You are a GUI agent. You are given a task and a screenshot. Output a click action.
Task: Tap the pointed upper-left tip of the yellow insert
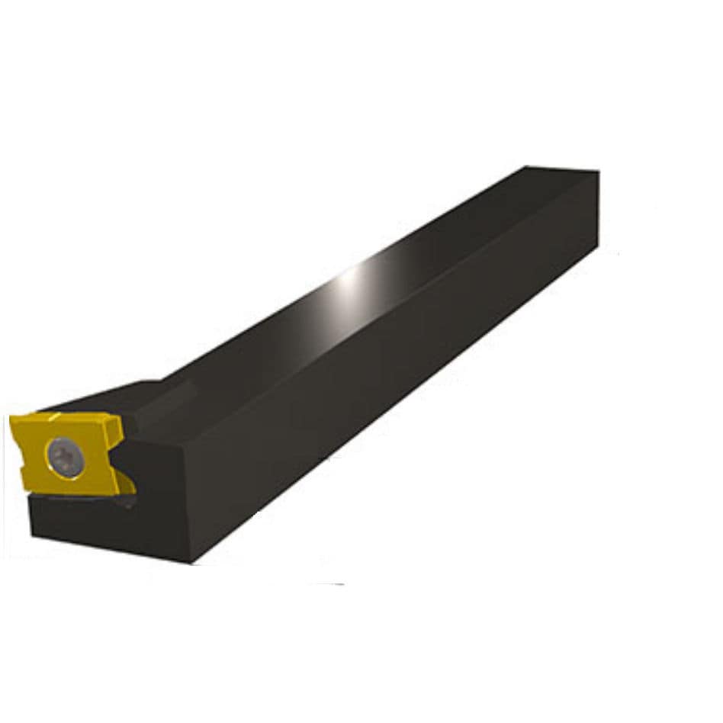pyautogui.click(x=11, y=419)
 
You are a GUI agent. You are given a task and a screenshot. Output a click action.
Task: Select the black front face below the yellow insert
pyautogui.click(x=99, y=526)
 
